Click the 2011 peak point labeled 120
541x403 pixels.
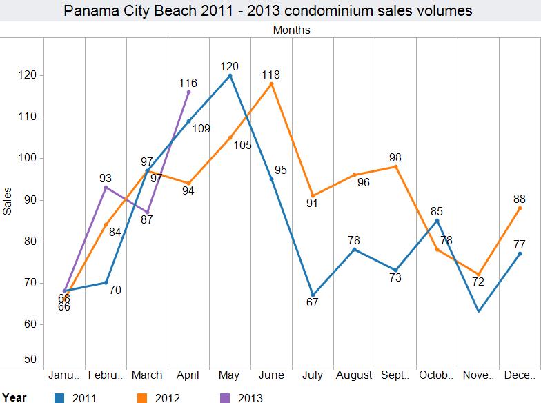230,75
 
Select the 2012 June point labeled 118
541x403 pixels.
271,83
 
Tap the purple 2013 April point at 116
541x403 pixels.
188,92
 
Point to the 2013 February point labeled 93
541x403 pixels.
106,187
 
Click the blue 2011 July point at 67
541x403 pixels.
313,295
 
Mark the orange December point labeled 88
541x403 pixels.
520,208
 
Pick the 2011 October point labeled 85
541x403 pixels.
437,220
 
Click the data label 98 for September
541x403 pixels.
395,157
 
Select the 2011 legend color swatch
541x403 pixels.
59,397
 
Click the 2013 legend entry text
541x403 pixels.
250,397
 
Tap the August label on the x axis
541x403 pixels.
354,375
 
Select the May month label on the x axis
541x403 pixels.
230,375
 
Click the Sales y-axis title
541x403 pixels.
8,201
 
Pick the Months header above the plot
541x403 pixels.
291,30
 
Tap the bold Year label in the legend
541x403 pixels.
14,397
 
